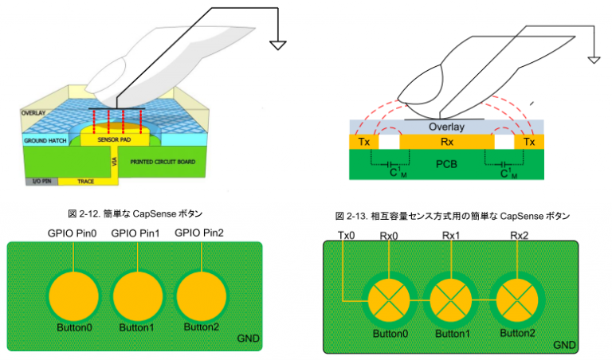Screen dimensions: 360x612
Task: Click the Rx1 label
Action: [x=452, y=235]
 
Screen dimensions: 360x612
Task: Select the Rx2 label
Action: [x=520, y=235]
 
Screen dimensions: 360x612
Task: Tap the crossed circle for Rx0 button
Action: [x=390, y=301]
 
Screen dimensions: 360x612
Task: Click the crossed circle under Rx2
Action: [x=515, y=301]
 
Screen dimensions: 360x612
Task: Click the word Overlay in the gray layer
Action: [x=446, y=127]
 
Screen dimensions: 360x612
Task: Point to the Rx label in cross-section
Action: [x=446, y=142]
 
